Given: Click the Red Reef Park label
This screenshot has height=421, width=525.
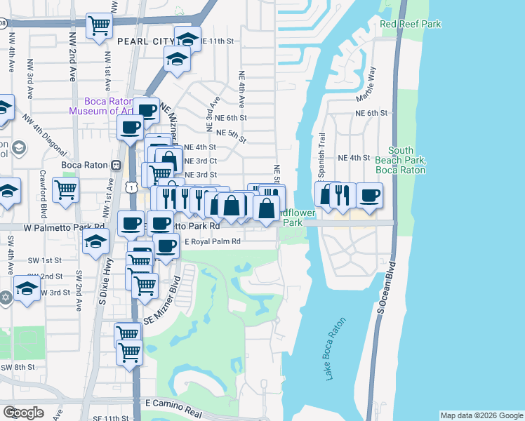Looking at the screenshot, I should click(411, 25).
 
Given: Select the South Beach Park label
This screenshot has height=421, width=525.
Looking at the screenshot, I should click(401, 160).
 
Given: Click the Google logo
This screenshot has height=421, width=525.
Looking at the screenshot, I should click(23, 413).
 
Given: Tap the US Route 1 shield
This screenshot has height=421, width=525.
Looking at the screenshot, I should click(131, 187).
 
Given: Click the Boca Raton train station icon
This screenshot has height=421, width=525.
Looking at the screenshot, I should click(117, 166).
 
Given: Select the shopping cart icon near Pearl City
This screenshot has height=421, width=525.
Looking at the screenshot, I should click(100, 26).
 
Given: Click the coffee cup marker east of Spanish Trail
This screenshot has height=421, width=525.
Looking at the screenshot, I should click(369, 194).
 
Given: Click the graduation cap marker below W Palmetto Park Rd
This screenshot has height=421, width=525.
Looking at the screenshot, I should click(95, 242).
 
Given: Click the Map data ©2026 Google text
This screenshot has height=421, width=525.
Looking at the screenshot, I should click(480, 415).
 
